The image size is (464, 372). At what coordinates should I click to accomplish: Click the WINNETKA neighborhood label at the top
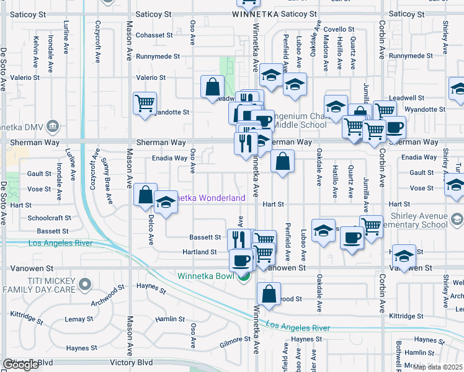click(x=256, y=14)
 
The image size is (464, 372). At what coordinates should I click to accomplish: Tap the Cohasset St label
click(x=154, y=35)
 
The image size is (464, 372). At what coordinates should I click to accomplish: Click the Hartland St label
click(x=200, y=252)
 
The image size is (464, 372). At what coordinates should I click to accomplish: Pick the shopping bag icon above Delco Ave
click(x=145, y=195)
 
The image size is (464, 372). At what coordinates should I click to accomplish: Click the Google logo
click(x=20, y=365)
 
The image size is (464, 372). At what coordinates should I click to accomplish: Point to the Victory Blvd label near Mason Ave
click(x=131, y=362)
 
